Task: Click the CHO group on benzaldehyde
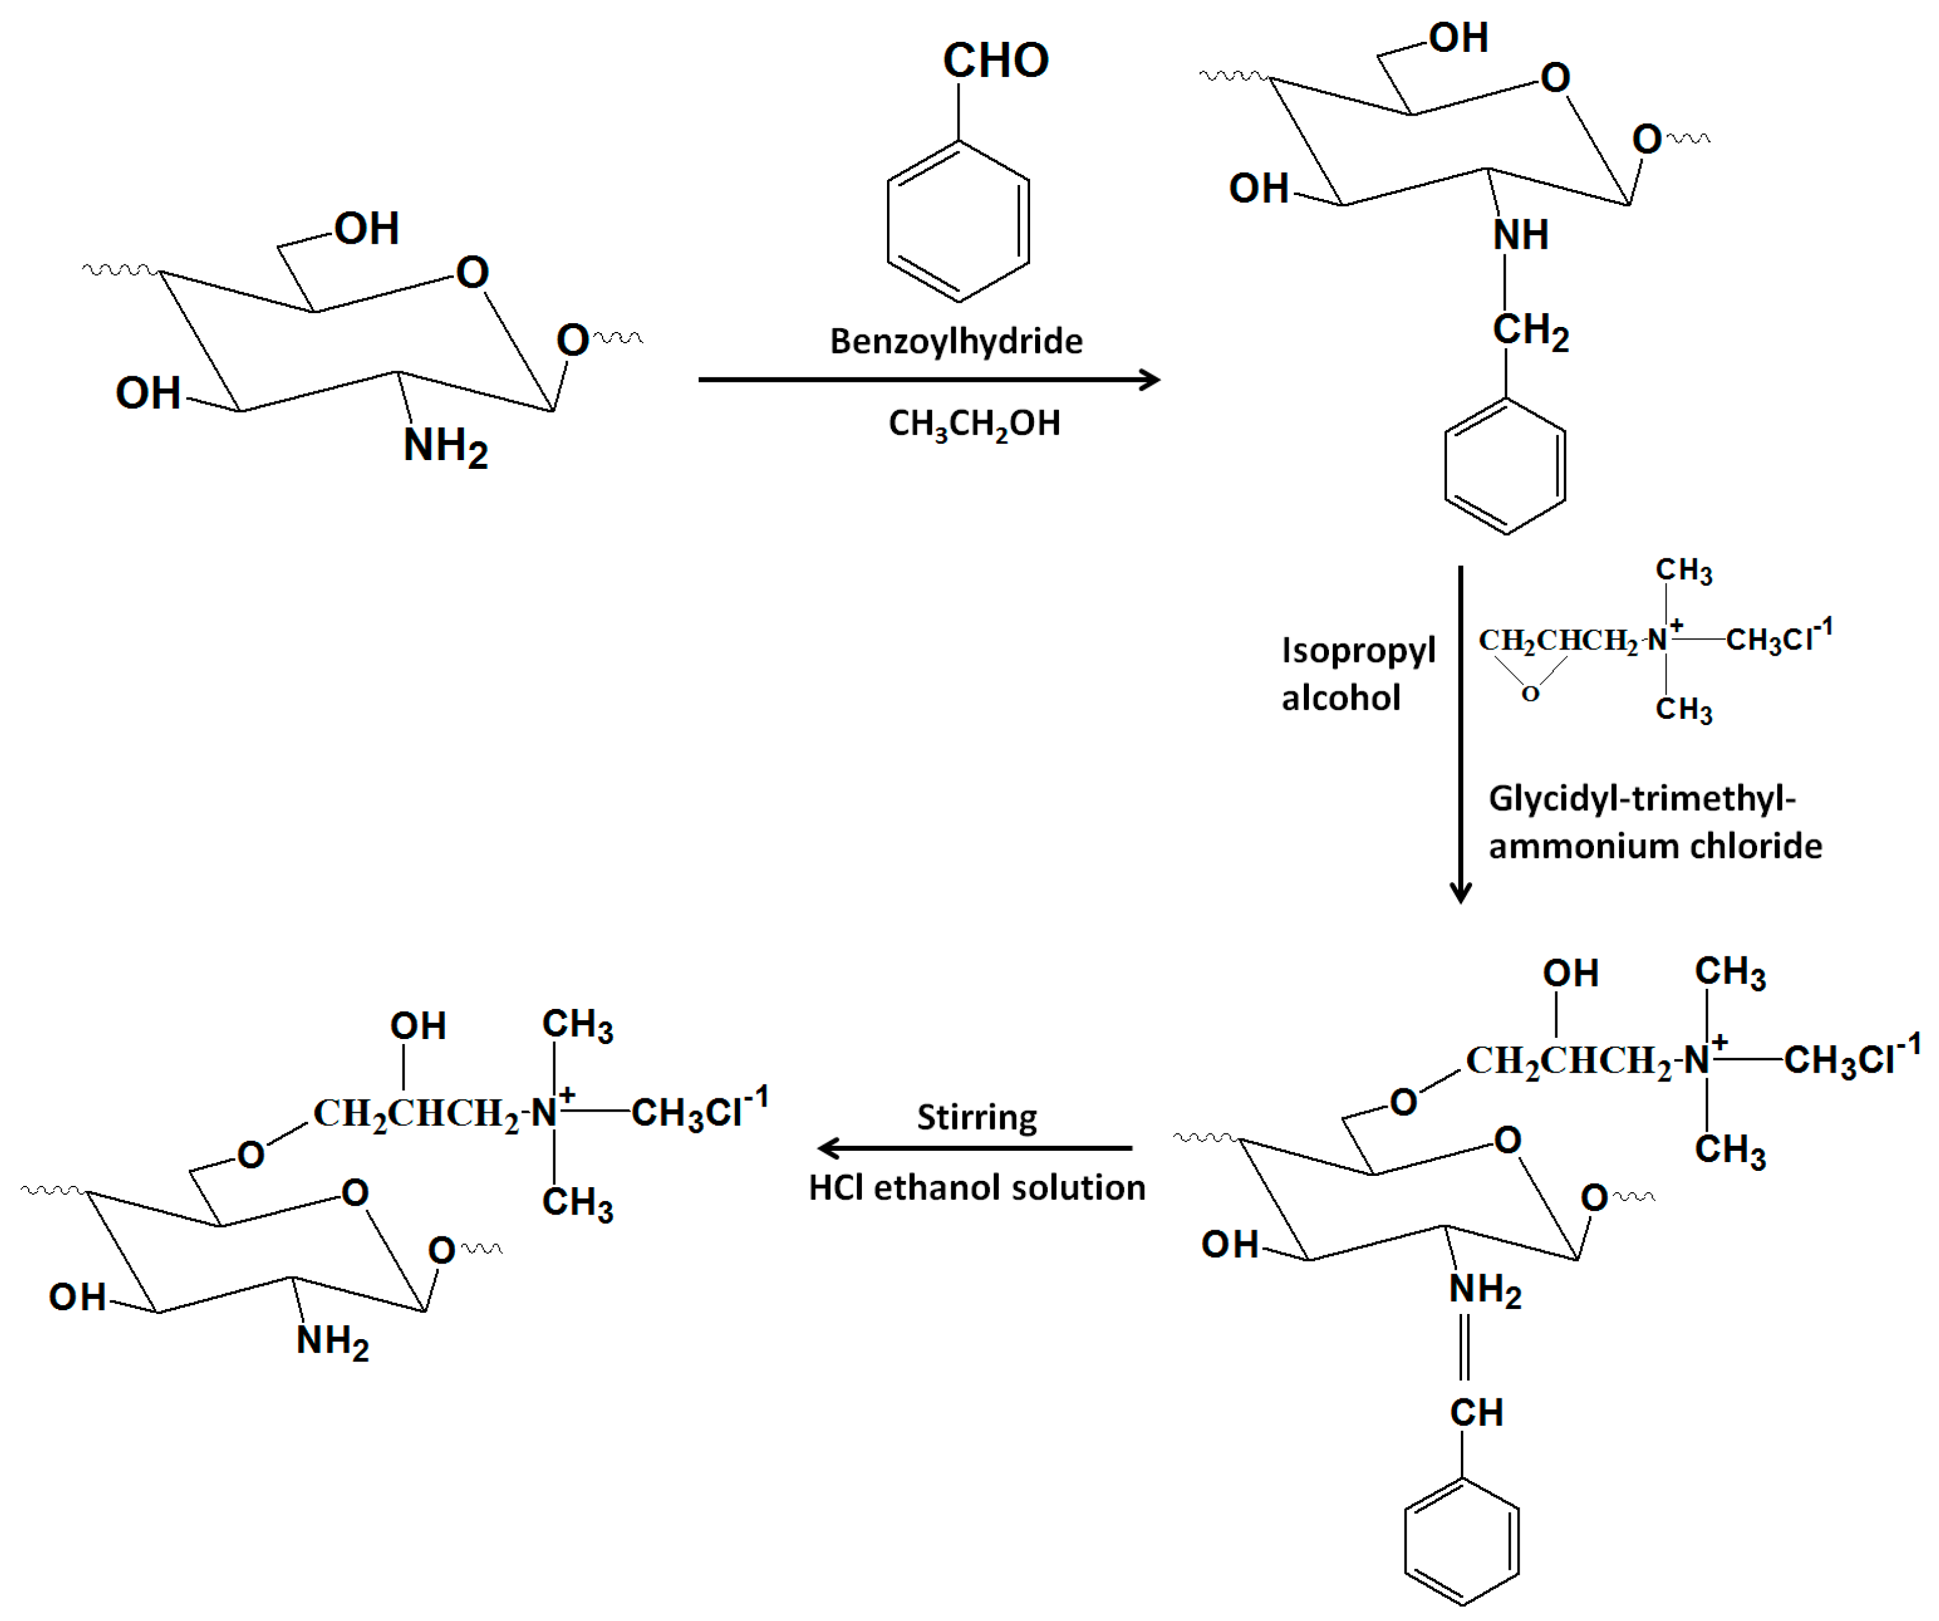[x=995, y=61]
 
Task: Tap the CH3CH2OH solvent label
[x=973, y=424]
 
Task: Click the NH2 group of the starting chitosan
[x=444, y=447]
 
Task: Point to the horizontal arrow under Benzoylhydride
[x=928, y=379]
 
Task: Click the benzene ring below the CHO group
[x=958, y=222]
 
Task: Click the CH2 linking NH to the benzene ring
[x=1529, y=331]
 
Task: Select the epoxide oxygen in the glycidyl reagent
[x=1530, y=694]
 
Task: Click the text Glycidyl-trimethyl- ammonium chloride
[x=1654, y=822]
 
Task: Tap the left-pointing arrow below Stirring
[x=974, y=1148]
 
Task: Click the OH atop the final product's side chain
[x=418, y=1025]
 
